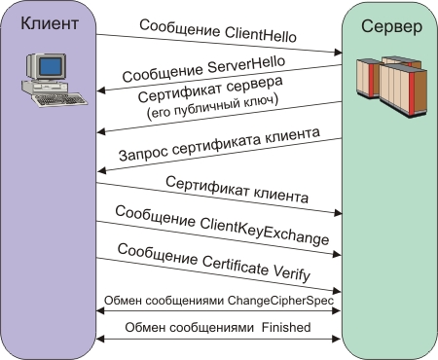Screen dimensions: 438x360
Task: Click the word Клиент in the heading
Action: [50, 23]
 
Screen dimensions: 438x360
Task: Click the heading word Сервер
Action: [392, 26]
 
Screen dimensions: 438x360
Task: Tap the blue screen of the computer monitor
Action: [50, 66]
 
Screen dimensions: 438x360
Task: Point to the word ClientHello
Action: [260, 33]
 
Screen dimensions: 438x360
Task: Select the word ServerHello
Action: [246, 64]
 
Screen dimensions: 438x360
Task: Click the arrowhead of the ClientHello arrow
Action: [339, 53]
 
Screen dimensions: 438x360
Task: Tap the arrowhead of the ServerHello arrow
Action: [101, 90]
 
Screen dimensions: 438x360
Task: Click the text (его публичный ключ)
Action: [212, 107]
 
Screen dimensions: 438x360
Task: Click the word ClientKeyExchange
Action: [265, 230]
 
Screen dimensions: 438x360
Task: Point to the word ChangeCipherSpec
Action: [280, 301]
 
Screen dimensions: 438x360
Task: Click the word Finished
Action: [286, 327]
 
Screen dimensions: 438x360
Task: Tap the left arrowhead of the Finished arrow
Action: [100, 340]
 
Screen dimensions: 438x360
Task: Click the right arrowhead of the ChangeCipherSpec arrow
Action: [337, 310]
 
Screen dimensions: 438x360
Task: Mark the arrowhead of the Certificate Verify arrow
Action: [337, 291]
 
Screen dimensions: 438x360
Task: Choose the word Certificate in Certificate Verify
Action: [236, 265]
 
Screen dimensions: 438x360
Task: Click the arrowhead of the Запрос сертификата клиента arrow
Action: [101, 170]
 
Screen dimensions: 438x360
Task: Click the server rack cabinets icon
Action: [392, 86]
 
